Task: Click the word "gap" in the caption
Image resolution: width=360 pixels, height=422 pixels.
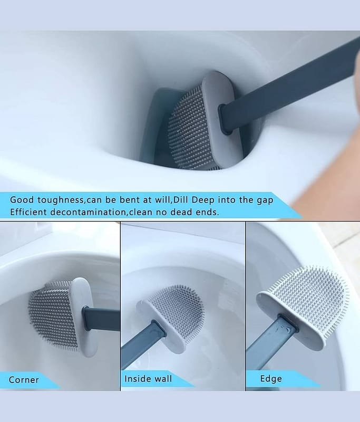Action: click(x=265, y=201)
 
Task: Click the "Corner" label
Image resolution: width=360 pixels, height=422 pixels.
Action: click(x=24, y=380)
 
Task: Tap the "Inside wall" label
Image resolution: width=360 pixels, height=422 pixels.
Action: click(x=148, y=379)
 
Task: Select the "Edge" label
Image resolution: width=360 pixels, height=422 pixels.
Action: click(x=271, y=379)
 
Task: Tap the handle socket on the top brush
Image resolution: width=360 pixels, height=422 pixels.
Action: click(x=225, y=118)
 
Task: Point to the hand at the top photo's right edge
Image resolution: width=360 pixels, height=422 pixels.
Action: click(x=330, y=175)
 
